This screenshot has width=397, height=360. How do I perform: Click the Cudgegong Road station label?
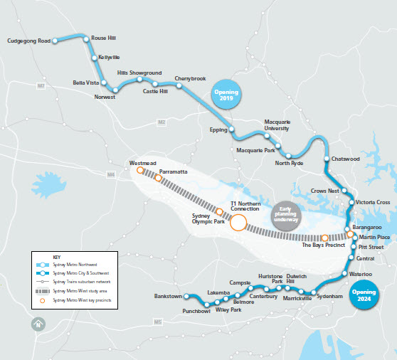point(28,41)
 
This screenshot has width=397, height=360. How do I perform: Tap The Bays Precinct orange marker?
point(324,238)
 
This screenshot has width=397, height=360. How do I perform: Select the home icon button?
point(38,324)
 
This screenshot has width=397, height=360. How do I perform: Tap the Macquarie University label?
point(276,126)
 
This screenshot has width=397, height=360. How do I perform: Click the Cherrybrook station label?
point(190,78)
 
